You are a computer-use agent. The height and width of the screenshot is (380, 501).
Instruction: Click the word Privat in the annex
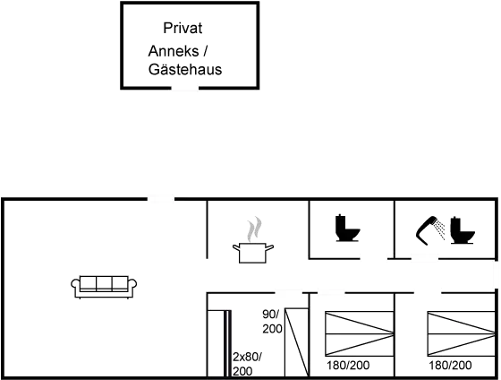183,29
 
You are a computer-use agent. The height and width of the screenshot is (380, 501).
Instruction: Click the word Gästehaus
184,70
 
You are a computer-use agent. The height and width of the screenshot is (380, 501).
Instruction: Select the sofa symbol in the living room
104,285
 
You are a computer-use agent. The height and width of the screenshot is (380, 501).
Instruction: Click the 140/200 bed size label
449,366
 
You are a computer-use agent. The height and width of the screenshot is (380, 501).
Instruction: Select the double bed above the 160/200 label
358,333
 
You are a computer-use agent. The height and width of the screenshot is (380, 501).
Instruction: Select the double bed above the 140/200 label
460,333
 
